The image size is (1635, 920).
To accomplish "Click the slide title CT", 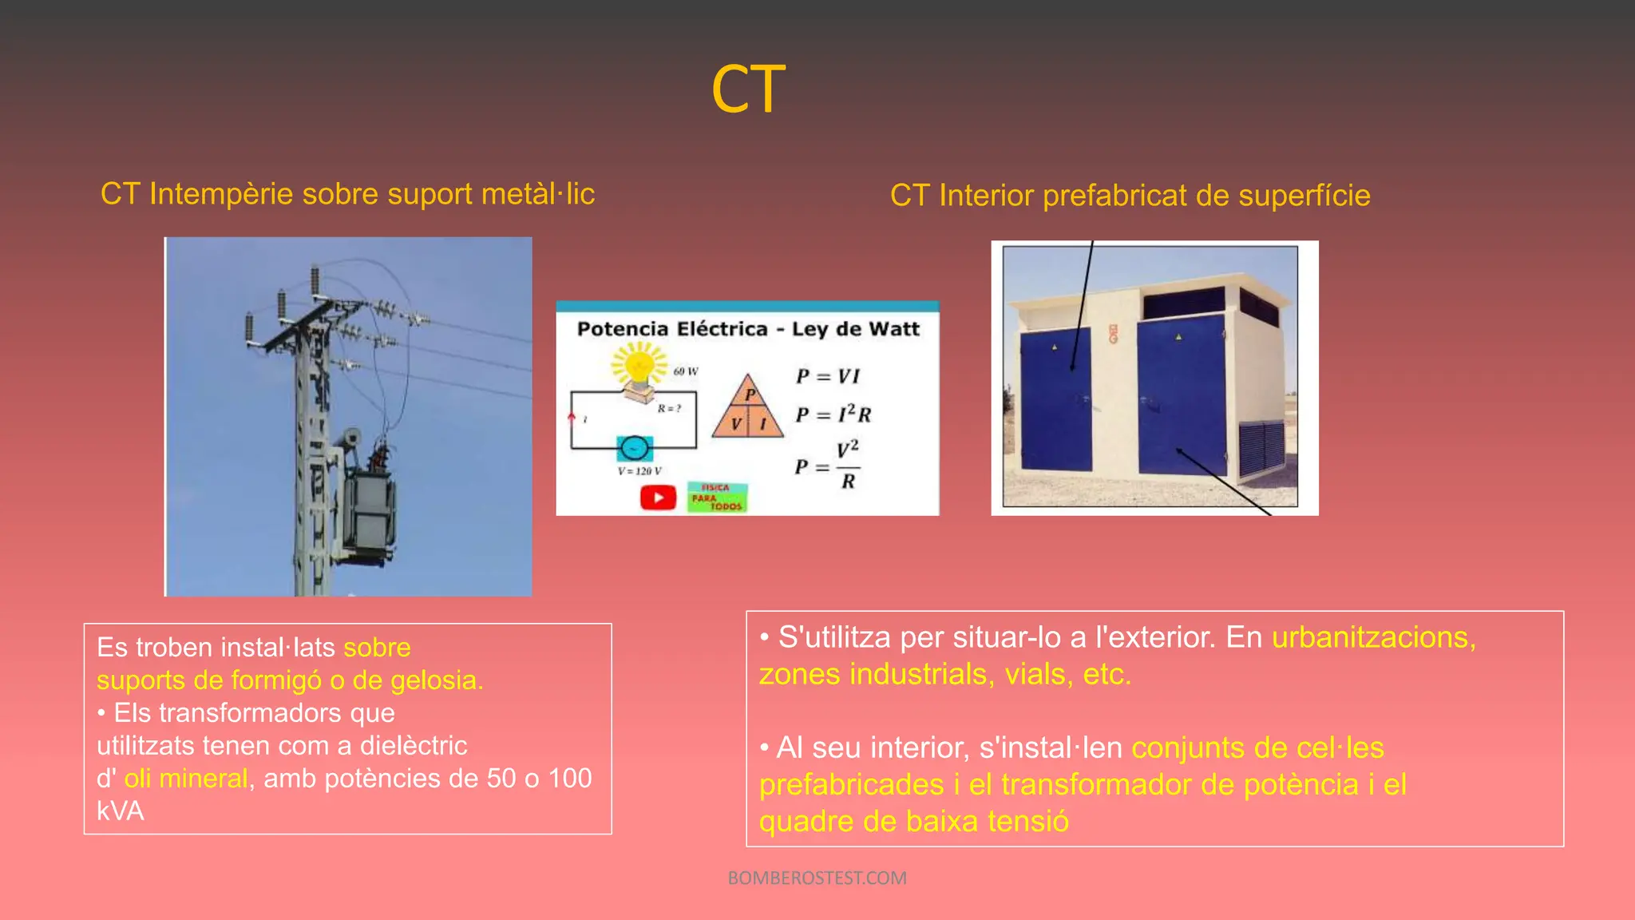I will click(x=748, y=89).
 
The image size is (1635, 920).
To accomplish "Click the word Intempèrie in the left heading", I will click(x=220, y=194).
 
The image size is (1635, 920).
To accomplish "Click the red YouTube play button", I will click(x=658, y=498).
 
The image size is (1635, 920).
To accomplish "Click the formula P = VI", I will click(x=828, y=375).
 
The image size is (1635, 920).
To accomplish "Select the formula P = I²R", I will click(x=833, y=414).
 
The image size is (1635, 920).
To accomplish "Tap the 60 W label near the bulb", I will click(x=685, y=371).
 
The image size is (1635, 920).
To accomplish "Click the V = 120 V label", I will click(x=639, y=471).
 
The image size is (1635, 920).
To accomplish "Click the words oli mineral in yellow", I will click(x=185, y=779).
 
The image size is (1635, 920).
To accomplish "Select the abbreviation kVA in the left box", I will click(x=121, y=811).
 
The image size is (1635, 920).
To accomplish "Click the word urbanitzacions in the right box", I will click(x=1373, y=637).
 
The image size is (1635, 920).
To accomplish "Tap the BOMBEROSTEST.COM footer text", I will click(x=817, y=878).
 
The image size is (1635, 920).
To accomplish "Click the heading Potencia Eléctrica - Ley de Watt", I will click(x=748, y=329).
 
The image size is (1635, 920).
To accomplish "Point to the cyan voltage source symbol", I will click(x=635, y=448).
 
